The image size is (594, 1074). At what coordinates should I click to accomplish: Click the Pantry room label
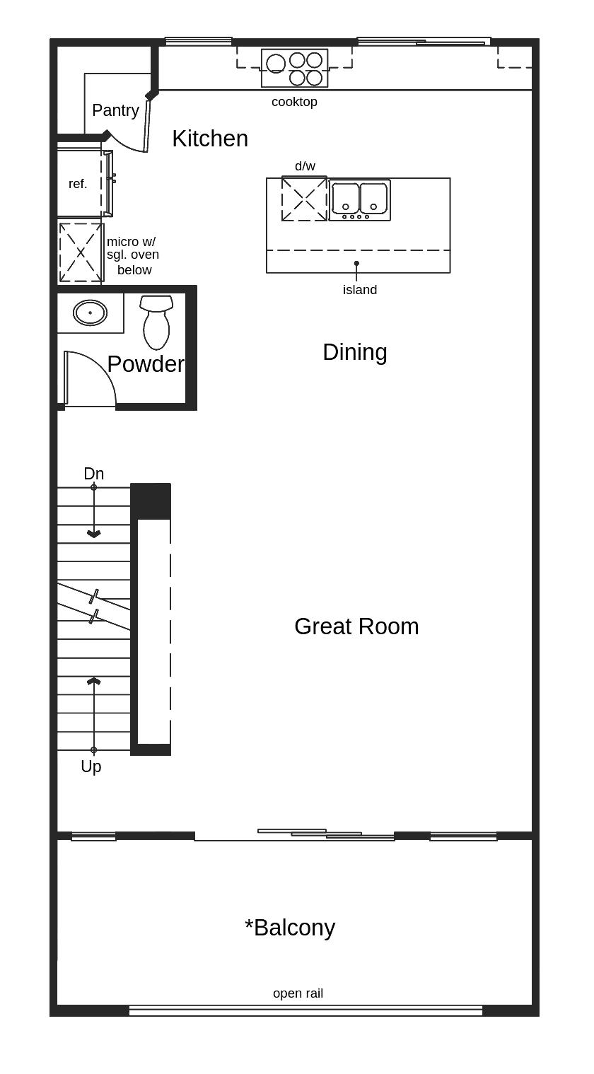point(115,110)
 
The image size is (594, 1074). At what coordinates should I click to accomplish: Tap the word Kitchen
point(210,139)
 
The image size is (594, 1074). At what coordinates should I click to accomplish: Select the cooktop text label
point(294,102)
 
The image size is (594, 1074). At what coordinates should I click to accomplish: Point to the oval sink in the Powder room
point(90,313)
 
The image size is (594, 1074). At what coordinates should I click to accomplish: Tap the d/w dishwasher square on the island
point(304,199)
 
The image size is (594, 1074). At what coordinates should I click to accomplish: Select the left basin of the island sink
point(346,199)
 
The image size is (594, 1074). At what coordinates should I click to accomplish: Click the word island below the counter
point(360,290)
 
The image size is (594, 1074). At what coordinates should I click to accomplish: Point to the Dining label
point(354,352)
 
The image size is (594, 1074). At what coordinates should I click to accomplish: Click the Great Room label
point(356,626)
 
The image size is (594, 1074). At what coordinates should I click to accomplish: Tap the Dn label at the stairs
point(93,474)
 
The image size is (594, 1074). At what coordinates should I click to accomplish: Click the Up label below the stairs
point(91,766)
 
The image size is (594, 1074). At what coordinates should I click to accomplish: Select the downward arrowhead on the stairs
point(93,534)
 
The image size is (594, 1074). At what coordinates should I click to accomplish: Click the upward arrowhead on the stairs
point(93,681)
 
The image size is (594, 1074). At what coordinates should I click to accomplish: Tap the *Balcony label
point(290,928)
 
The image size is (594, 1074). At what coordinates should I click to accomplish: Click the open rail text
point(298,993)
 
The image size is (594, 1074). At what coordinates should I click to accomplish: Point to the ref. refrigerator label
point(78,184)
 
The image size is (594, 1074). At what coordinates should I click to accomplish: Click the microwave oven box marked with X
point(81,252)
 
